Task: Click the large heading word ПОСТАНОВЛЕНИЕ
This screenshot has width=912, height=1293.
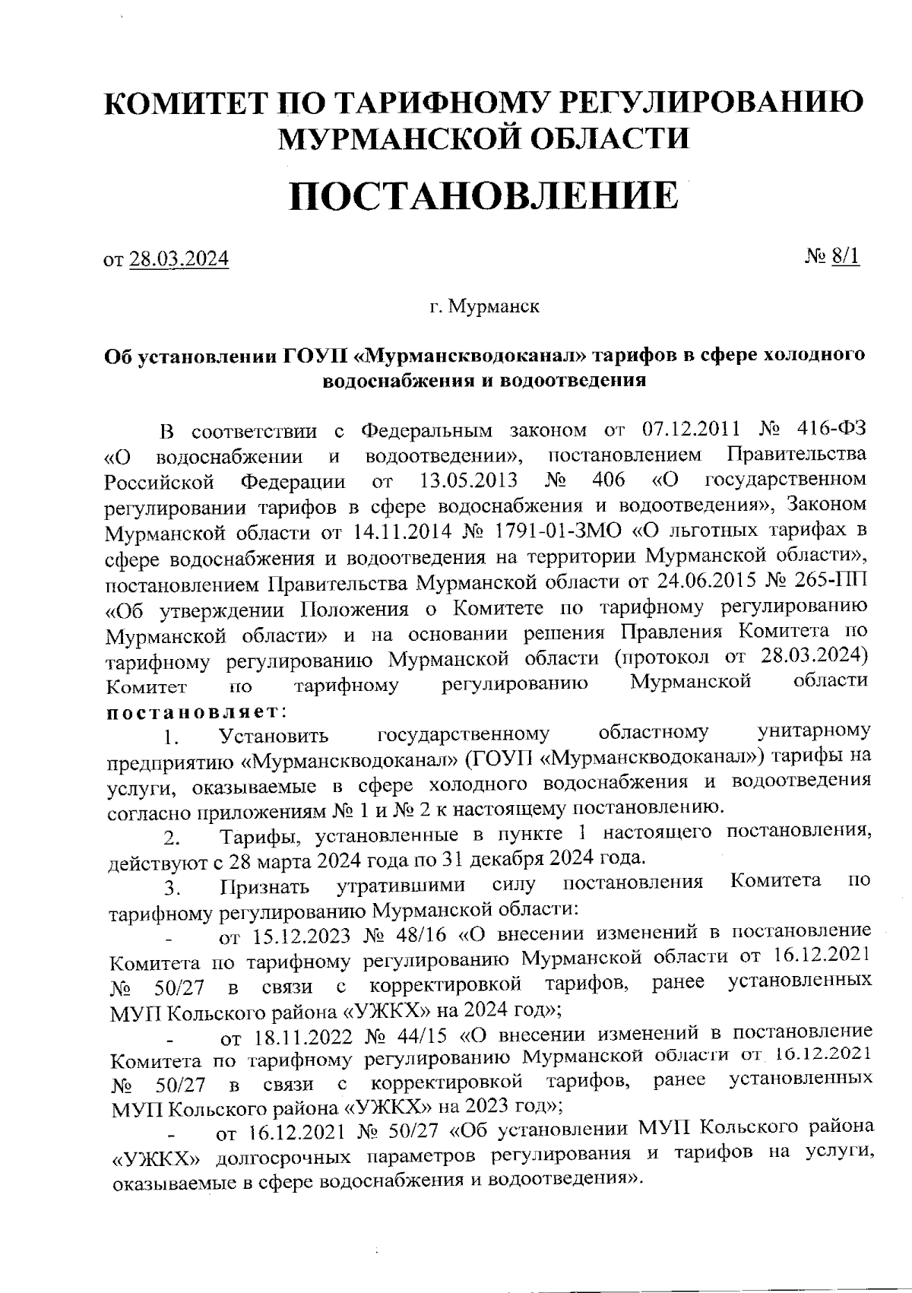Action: point(483,196)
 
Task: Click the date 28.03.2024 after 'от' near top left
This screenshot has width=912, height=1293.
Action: point(179,259)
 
